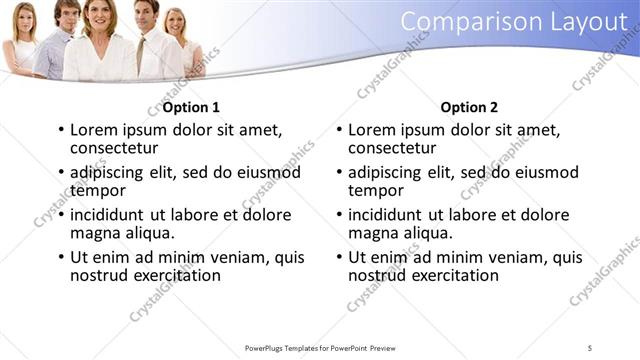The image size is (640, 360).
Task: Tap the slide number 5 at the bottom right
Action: point(590,348)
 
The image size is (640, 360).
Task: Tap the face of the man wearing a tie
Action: point(147,15)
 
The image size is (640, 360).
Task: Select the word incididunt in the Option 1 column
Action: point(108,215)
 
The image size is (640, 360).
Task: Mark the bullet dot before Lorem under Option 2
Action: point(340,130)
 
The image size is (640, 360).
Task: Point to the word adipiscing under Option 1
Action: point(108,172)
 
